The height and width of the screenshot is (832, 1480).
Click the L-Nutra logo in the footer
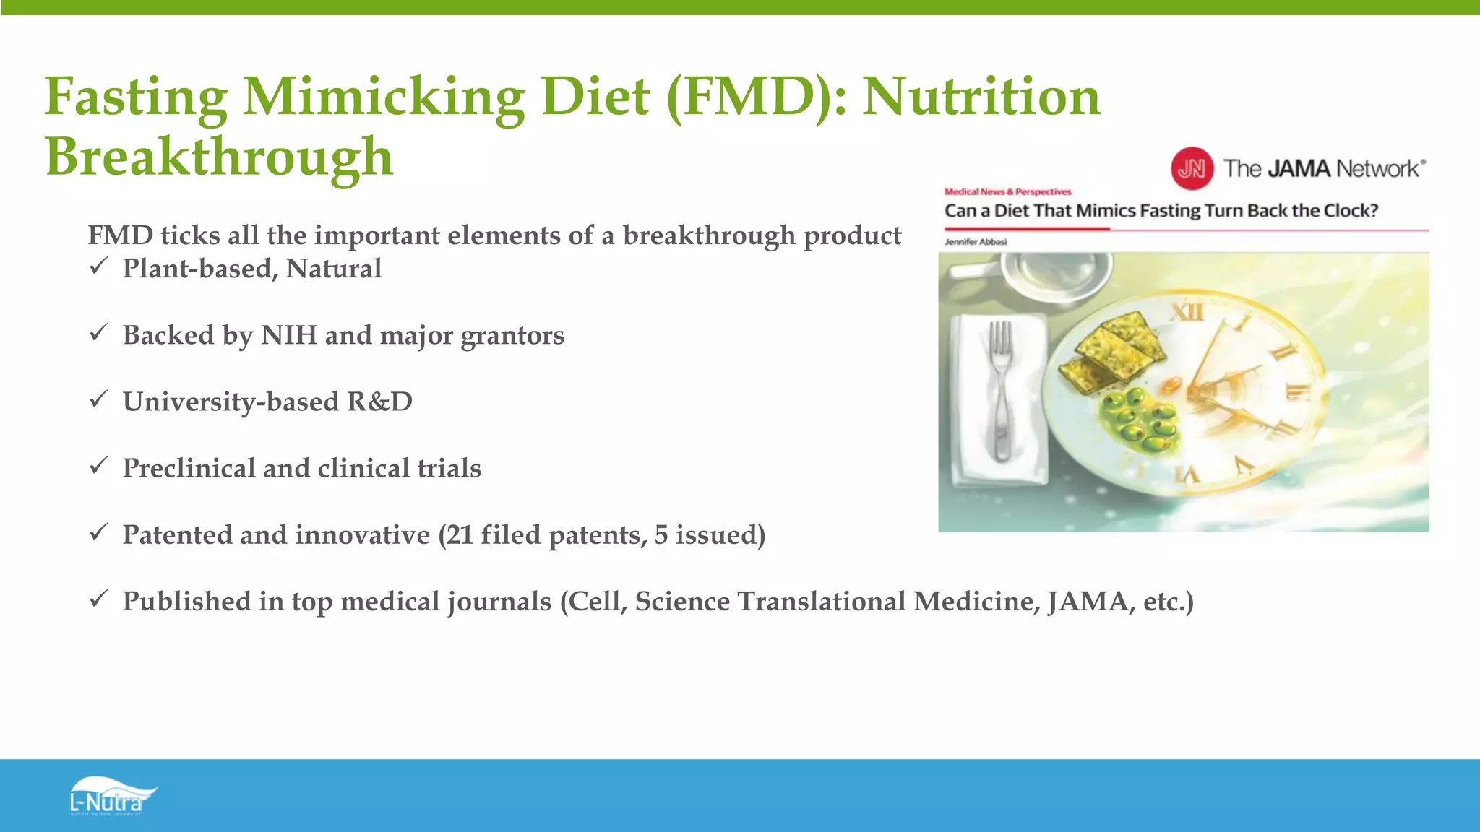point(112,797)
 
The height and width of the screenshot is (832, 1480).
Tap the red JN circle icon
point(1192,168)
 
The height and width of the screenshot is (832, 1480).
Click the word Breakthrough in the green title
point(219,157)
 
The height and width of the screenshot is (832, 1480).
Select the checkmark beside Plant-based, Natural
point(99,266)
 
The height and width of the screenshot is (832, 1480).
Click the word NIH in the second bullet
point(288,335)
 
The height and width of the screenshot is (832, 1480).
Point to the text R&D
point(379,402)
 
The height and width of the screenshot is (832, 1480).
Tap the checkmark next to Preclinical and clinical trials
point(99,466)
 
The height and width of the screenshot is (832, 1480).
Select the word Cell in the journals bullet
point(598,602)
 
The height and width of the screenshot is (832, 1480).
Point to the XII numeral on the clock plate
point(1187,312)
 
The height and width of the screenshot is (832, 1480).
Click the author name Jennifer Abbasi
point(975,242)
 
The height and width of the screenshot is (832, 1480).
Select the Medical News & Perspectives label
point(1007,192)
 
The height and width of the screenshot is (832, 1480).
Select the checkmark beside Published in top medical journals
point(99,599)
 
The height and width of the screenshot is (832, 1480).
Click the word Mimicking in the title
point(384,97)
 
